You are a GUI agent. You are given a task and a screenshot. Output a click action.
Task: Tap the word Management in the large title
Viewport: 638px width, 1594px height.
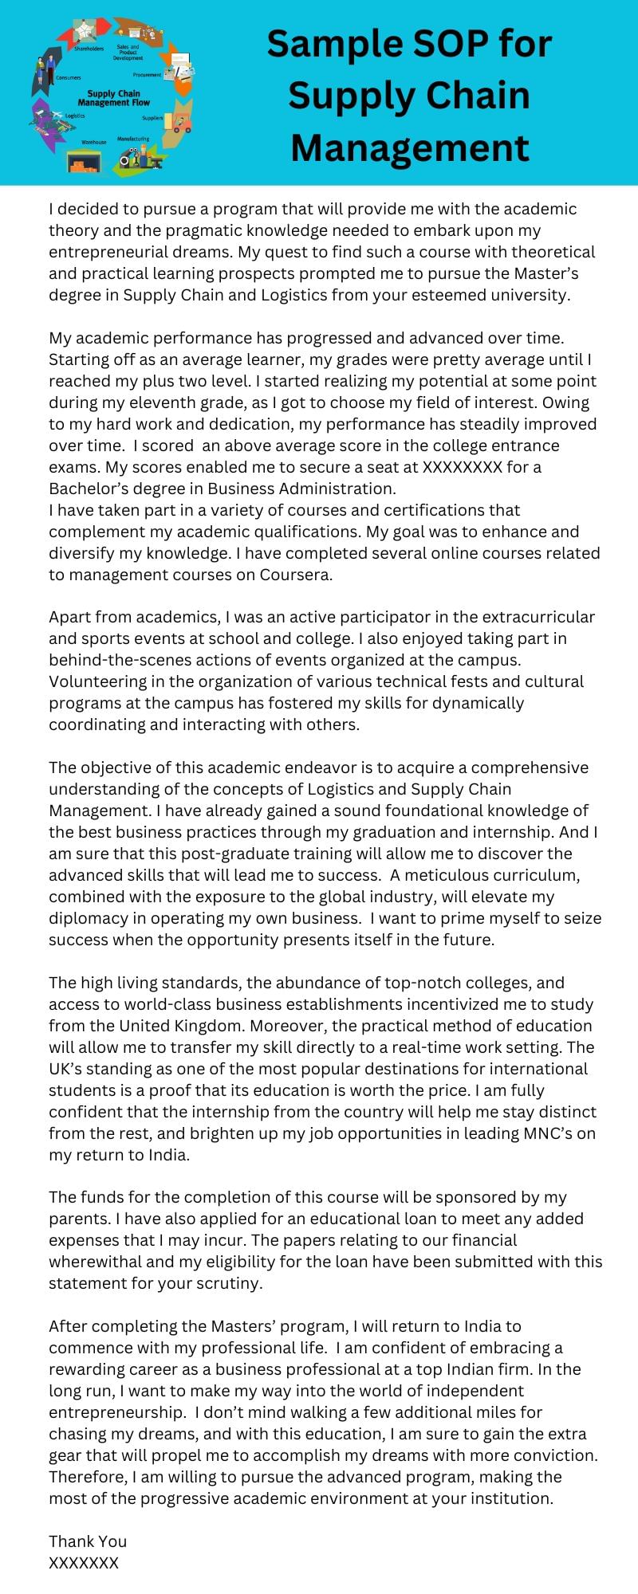(410, 147)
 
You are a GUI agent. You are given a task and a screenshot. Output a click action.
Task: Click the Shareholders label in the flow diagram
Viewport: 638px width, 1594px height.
(89, 49)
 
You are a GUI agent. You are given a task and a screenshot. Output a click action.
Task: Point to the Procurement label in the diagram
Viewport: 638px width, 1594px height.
(148, 75)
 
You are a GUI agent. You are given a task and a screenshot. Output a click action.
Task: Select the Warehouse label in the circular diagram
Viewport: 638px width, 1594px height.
(93, 142)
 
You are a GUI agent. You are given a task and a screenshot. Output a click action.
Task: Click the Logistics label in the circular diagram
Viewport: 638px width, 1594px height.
(75, 116)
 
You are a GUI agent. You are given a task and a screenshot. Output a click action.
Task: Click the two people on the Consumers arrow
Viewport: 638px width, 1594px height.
(45, 74)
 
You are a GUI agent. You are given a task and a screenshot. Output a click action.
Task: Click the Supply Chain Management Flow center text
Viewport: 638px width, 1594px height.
(113, 98)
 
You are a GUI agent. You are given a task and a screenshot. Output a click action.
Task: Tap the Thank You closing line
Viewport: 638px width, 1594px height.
(88, 1541)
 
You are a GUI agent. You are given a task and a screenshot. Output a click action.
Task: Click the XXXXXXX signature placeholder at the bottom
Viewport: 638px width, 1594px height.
(84, 1563)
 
